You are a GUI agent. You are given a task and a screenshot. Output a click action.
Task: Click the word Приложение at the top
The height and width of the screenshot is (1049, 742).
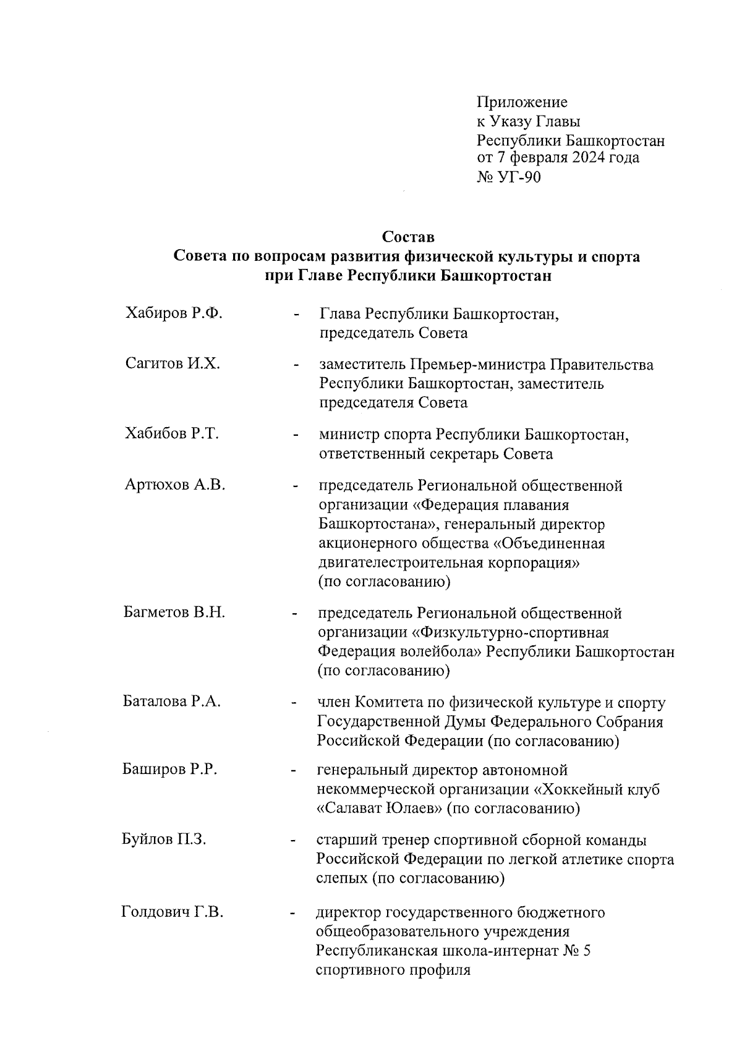(521, 102)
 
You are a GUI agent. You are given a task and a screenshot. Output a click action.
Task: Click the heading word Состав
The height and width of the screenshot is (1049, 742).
(408, 237)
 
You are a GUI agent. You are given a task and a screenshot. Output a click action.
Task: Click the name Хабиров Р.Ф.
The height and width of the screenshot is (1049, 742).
(173, 313)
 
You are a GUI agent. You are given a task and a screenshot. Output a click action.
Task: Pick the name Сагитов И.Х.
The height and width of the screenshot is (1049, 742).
(172, 363)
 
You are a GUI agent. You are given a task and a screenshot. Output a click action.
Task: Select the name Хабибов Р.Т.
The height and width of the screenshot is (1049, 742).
(172, 433)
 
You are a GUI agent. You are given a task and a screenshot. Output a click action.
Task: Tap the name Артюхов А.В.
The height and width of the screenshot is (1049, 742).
(174, 485)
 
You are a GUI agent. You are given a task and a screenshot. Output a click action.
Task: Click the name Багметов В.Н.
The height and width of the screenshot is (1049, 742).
(174, 613)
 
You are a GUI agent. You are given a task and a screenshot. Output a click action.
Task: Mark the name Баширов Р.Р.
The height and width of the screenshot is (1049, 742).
(169, 770)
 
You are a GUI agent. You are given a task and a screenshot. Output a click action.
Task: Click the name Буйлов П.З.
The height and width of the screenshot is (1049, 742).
(164, 839)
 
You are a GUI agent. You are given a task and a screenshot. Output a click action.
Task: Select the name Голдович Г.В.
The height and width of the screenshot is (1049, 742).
(172, 912)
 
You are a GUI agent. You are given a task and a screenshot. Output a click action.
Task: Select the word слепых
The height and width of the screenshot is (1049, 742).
(342, 880)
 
